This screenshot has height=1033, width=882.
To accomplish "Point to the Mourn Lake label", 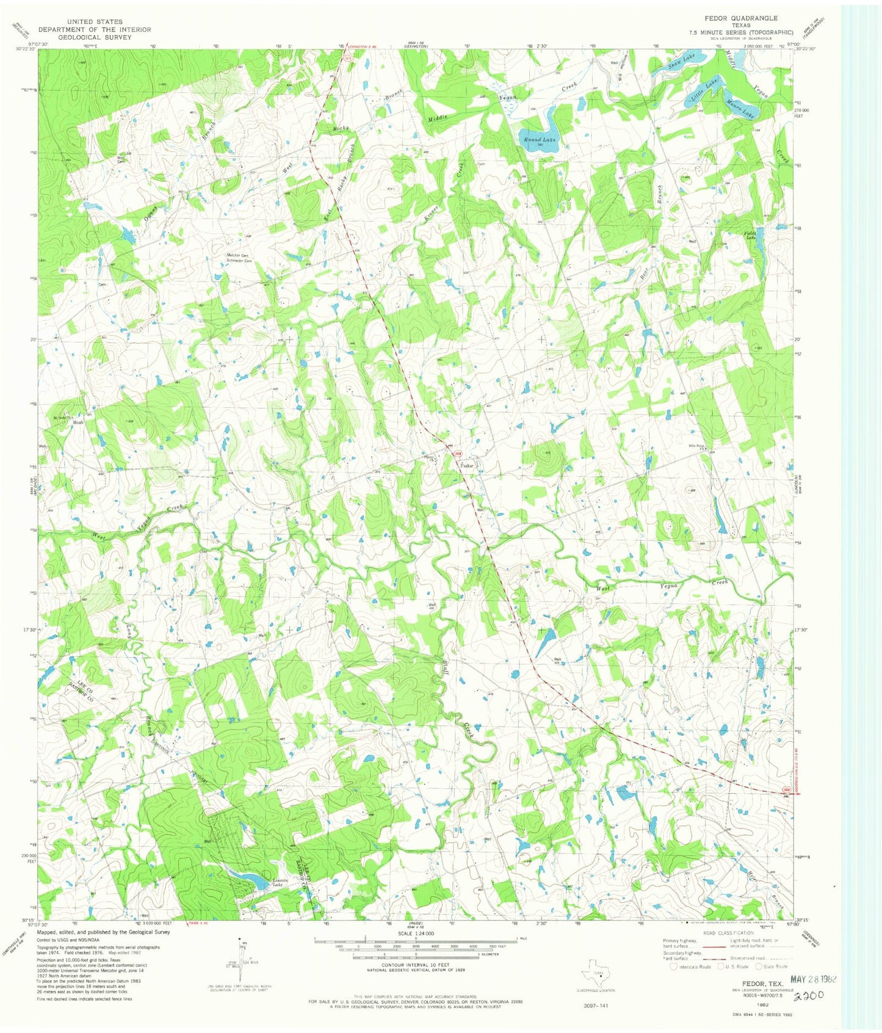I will [741, 109].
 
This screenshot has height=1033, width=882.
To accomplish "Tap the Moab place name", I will [78, 422].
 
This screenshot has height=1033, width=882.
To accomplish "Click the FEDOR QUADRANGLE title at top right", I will [741, 18].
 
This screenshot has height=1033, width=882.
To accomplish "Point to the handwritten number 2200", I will [808, 995].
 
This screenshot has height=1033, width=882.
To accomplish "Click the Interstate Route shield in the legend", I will [674, 966].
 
